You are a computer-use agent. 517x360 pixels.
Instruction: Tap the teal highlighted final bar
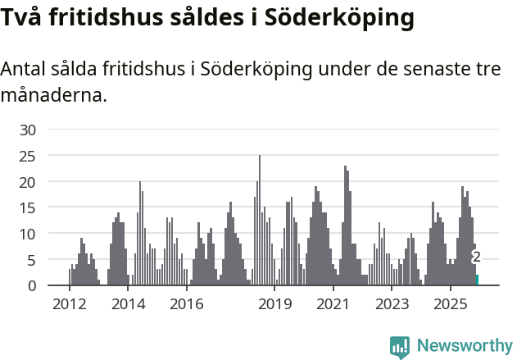point(477,280)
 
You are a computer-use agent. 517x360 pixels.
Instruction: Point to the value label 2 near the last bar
point(476,257)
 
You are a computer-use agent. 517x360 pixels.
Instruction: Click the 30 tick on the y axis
point(28,130)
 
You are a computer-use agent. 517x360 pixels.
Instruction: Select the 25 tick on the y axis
point(28,155)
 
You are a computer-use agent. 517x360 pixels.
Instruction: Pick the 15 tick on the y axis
point(28,207)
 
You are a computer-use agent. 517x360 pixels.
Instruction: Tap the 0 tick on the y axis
point(32,285)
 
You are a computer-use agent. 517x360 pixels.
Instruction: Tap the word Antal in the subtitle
point(25,70)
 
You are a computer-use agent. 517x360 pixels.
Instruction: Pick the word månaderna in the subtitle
point(54,95)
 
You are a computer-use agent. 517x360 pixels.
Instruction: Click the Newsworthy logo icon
point(400,347)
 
